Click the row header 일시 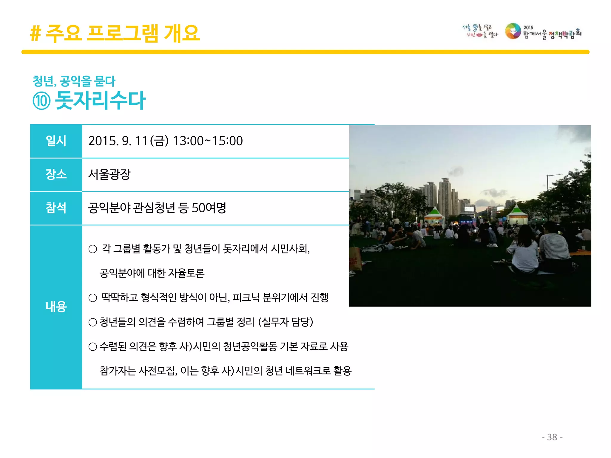(x=56, y=141)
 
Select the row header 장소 (x=56, y=174)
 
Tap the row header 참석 (x=56, y=208)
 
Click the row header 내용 (x=56, y=307)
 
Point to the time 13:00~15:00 (x=208, y=141)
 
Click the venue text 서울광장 (x=109, y=174)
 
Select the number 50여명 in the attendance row (x=209, y=208)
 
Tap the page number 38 (x=552, y=437)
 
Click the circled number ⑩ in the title (x=41, y=101)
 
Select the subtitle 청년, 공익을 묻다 (x=74, y=81)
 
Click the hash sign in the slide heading (x=35, y=33)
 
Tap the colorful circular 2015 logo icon (x=513, y=31)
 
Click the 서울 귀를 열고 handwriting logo (x=479, y=31)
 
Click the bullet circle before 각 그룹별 (x=93, y=249)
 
